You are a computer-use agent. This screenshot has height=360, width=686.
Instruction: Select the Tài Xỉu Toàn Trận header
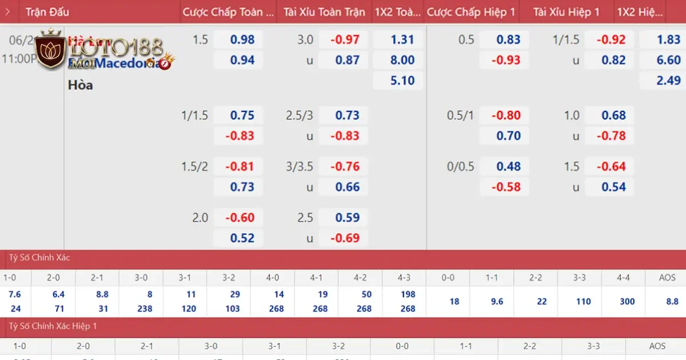(324, 12)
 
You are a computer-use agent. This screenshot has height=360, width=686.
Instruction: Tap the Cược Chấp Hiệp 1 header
(471, 12)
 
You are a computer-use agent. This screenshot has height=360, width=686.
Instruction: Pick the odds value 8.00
(402, 60)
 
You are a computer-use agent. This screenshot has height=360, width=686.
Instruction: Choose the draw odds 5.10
(402, 81)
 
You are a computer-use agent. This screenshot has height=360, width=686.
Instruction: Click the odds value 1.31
(402, 39)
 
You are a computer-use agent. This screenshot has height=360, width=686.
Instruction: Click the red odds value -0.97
(345, 39)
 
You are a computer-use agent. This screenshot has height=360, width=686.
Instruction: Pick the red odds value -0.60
(240, 218)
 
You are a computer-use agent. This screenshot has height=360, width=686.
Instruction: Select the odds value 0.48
(508, 166)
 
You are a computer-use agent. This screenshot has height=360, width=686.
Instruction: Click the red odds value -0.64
(611, 166)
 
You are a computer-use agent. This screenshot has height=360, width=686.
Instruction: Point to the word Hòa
(80, 85)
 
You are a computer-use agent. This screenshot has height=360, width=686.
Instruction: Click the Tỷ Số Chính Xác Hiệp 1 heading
(53, 326)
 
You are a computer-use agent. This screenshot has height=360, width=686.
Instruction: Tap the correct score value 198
(408, 294)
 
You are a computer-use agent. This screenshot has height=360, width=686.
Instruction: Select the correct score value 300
(627, 301)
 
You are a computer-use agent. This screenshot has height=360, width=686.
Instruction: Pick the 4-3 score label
(408, 278)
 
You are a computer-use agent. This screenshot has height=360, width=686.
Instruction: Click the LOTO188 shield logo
(50, 50)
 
